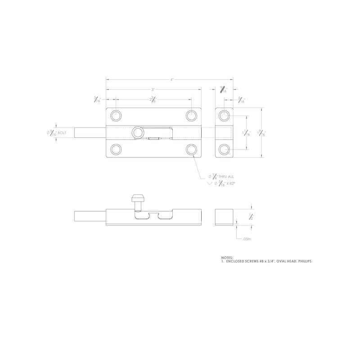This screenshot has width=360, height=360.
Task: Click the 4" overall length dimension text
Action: coord(172,80)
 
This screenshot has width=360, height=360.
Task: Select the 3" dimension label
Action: coord(153,90)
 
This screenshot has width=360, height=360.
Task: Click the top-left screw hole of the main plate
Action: coord(116,115)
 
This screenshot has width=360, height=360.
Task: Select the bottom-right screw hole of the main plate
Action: coord(191,149)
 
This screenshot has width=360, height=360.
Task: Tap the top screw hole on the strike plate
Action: coord(224,116)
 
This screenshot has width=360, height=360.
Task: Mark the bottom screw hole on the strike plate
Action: coord(224,149)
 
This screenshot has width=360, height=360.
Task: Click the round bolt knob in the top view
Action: coord(137,132)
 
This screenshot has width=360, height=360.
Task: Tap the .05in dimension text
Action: coord(245,239)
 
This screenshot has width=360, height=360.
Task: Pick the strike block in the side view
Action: coord(224,216)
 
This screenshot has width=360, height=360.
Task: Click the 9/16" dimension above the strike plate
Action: coord(224,90)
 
